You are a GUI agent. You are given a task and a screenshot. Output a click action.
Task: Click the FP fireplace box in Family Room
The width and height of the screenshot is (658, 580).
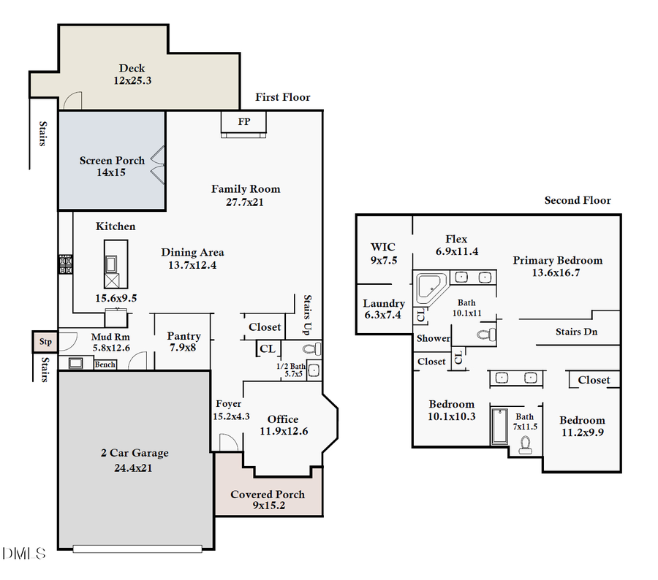[244, 123]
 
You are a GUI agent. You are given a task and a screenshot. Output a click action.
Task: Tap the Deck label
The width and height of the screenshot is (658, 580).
[132, 69]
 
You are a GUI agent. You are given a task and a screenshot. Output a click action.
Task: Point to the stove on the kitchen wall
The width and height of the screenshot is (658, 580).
[66, 264]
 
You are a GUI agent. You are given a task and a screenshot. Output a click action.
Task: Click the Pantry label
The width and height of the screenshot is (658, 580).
[184, 336]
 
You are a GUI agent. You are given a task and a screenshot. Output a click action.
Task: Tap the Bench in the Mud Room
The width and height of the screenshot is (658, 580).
[105, 365]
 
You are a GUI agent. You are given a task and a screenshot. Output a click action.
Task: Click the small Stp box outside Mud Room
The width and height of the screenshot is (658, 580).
[45, 341]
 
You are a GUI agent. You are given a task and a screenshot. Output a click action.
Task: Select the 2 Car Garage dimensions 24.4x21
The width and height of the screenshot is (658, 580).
[134, 468]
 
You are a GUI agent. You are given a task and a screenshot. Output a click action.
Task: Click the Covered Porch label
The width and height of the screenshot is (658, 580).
[268, 495]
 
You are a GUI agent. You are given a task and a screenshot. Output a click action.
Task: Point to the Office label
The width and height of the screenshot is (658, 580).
[283, 419]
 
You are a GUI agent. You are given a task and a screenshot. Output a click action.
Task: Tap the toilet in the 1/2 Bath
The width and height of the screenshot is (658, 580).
[309, 349]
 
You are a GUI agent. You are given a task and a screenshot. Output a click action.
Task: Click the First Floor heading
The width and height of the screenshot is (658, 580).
[282, 97]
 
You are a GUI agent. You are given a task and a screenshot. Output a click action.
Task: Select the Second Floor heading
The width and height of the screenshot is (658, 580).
[578, 200]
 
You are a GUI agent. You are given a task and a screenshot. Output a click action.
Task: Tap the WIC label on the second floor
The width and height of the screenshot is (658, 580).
[383, 247]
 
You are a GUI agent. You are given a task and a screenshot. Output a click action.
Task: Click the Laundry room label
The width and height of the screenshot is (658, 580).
[384, 303]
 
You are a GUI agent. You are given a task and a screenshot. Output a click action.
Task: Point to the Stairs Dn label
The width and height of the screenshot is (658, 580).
[579, 332]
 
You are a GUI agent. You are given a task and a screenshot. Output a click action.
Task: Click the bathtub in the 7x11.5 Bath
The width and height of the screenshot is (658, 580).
[499, 426]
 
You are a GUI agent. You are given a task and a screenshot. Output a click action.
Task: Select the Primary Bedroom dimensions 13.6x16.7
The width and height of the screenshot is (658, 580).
[557, 273]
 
